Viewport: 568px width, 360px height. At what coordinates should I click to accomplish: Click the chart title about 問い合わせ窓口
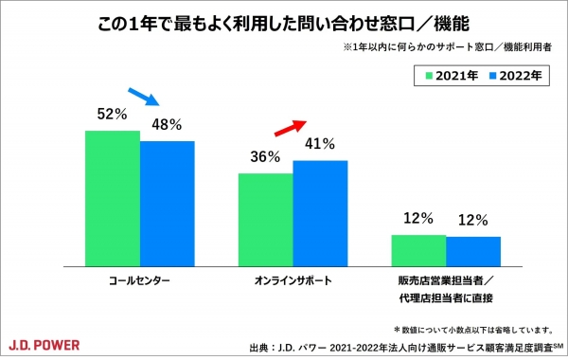pos(284,22)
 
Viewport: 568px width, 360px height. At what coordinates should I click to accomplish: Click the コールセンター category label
pos(139,282)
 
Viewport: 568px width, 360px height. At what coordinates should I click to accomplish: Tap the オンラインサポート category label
pos(293,282)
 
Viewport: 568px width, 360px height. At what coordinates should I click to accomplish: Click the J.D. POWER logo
pos(44,342)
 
